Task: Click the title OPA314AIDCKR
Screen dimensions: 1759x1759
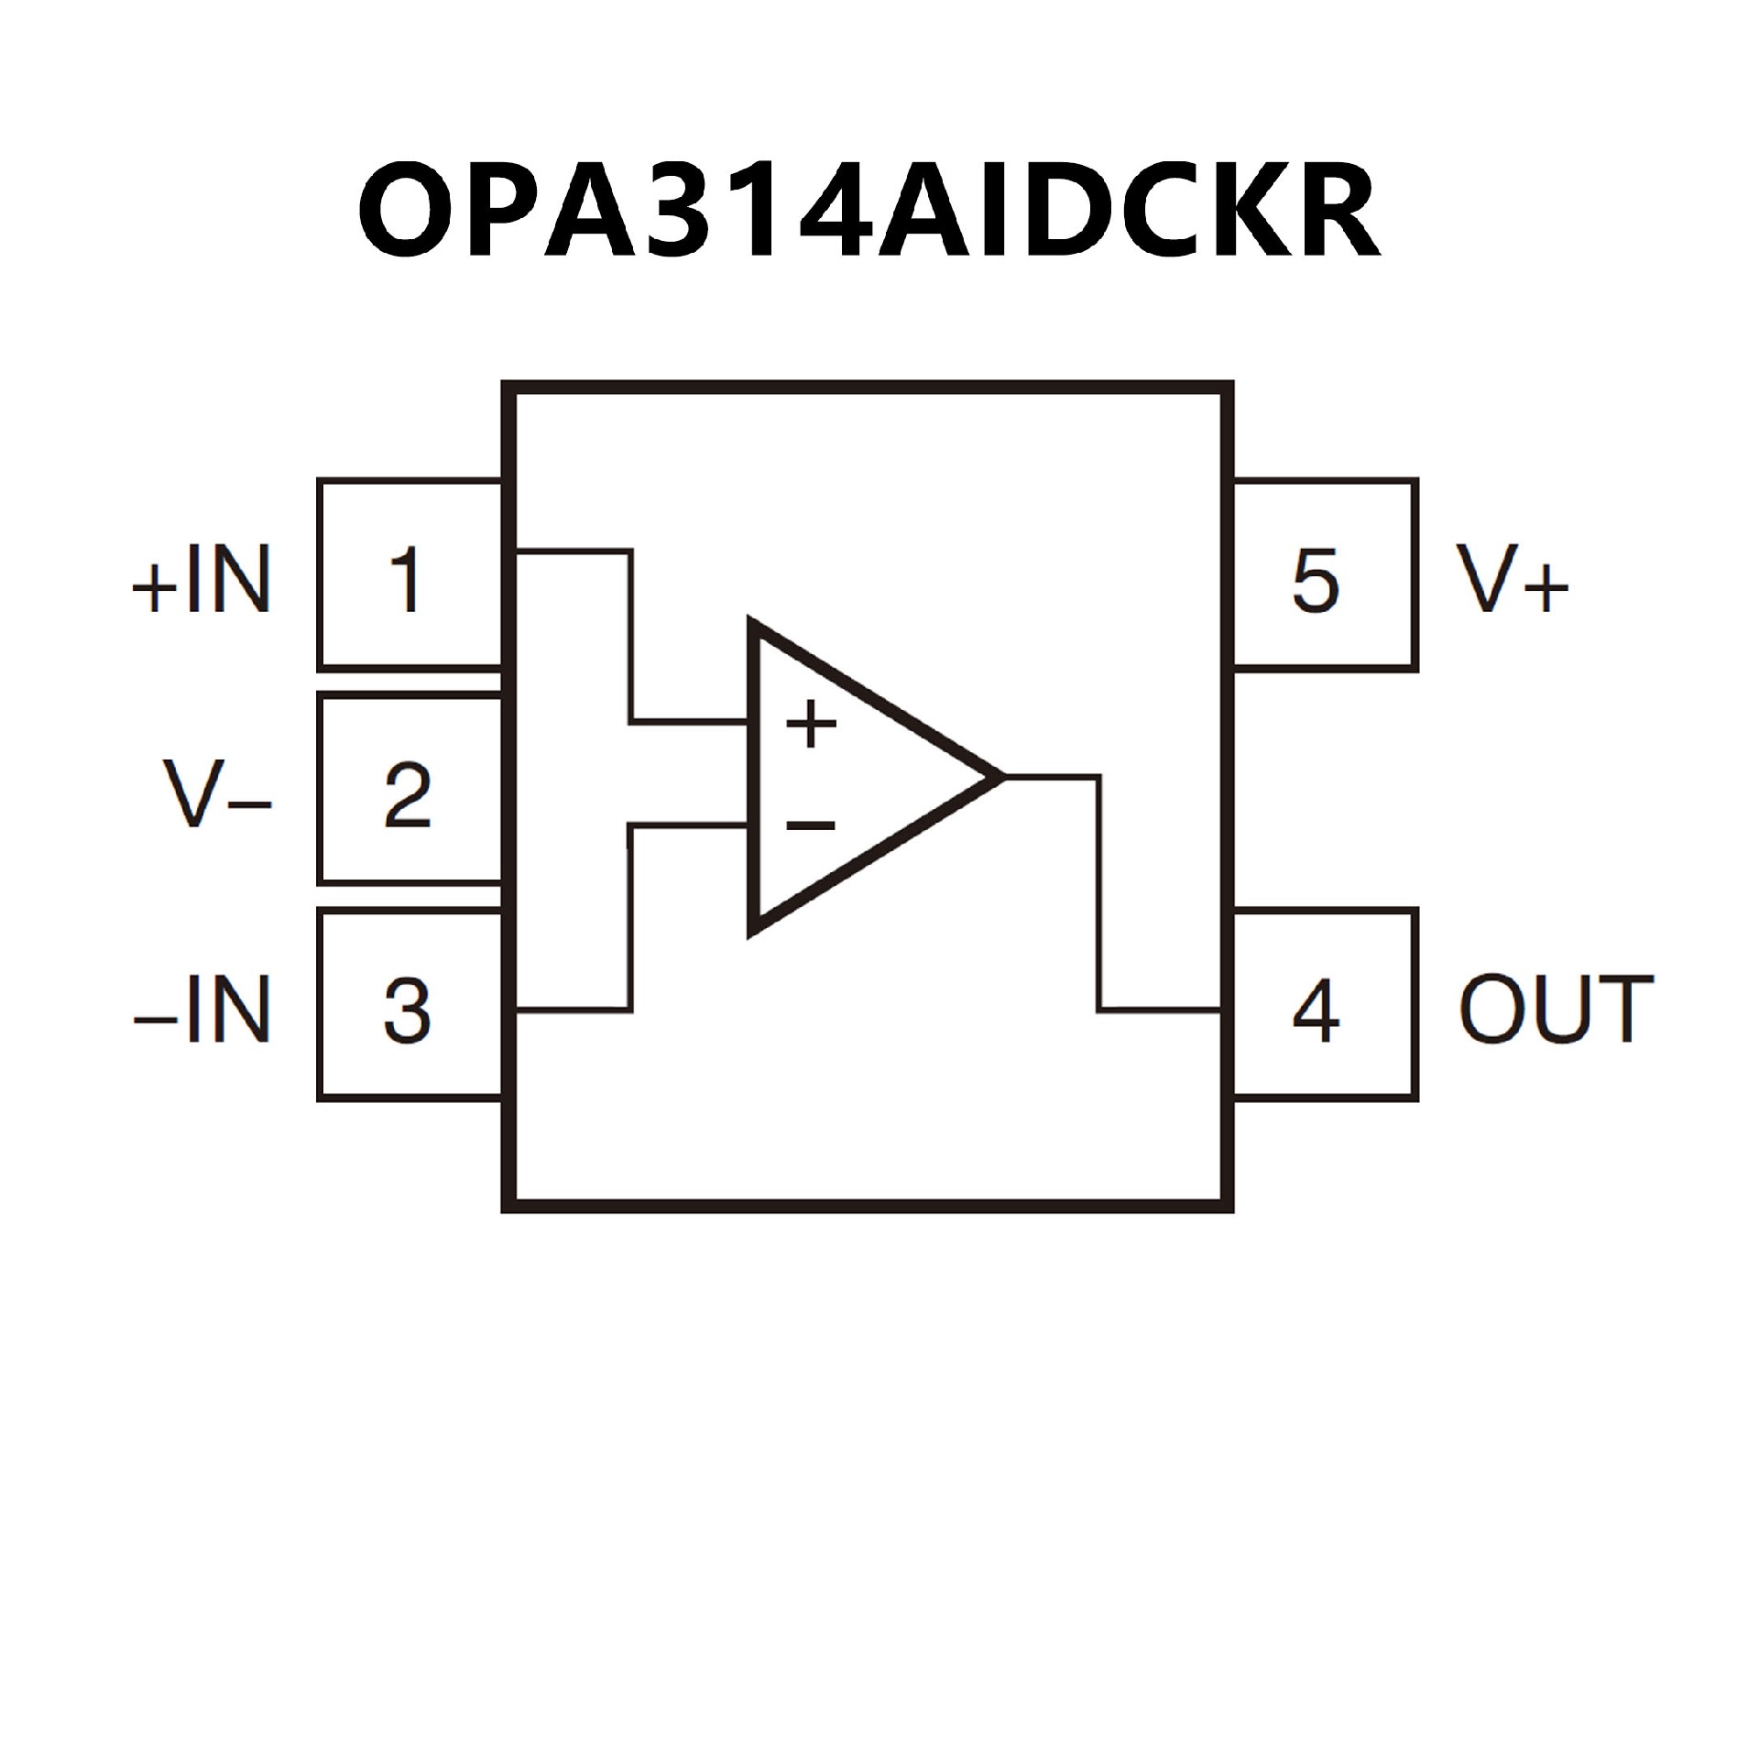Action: [869, 213]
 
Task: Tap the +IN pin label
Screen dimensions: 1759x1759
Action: [202, 579]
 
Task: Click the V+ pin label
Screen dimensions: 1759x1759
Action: [1512, 579]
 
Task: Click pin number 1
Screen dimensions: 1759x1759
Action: [406, 579]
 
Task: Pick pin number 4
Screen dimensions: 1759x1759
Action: [1316, 1011]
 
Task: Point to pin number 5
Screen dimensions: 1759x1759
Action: [1316, 579]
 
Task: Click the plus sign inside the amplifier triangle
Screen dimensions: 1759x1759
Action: [811, 726]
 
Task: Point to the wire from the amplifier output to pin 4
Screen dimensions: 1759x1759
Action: [1099, 898]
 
